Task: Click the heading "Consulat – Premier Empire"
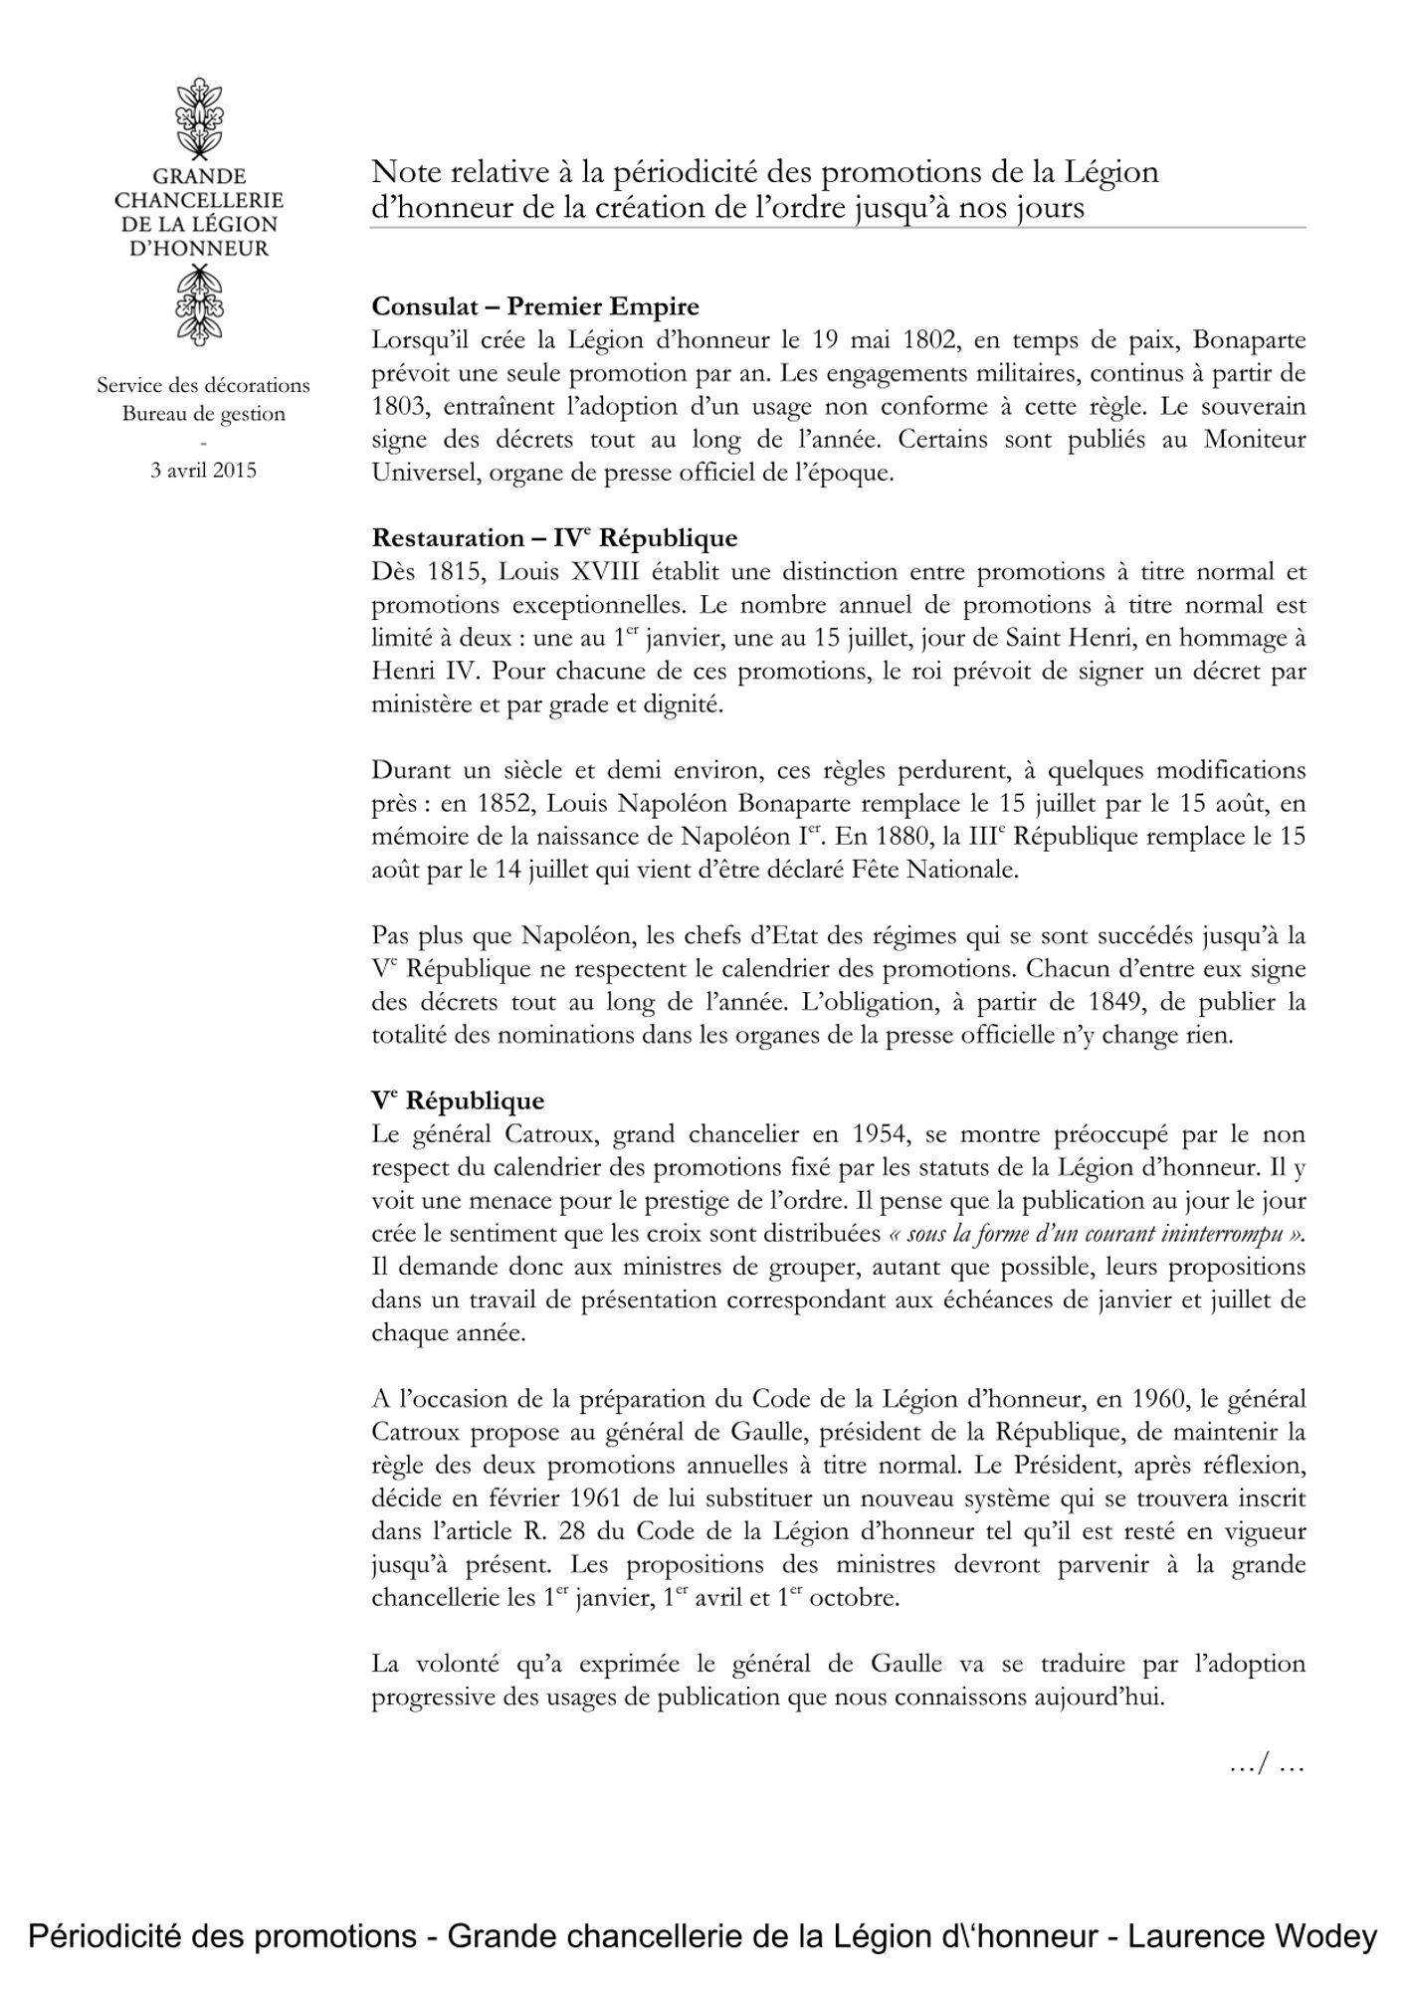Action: pyautogui.click(x=535, y=306)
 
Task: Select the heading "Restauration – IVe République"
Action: pyautogui.click(x=554, y=538)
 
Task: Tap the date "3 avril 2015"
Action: pyautogui.click(x=203, y=470)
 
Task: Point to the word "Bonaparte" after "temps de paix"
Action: pyautogui.click(x=1249, y=340)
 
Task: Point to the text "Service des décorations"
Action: pyautogui.click(x=203, y=385)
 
